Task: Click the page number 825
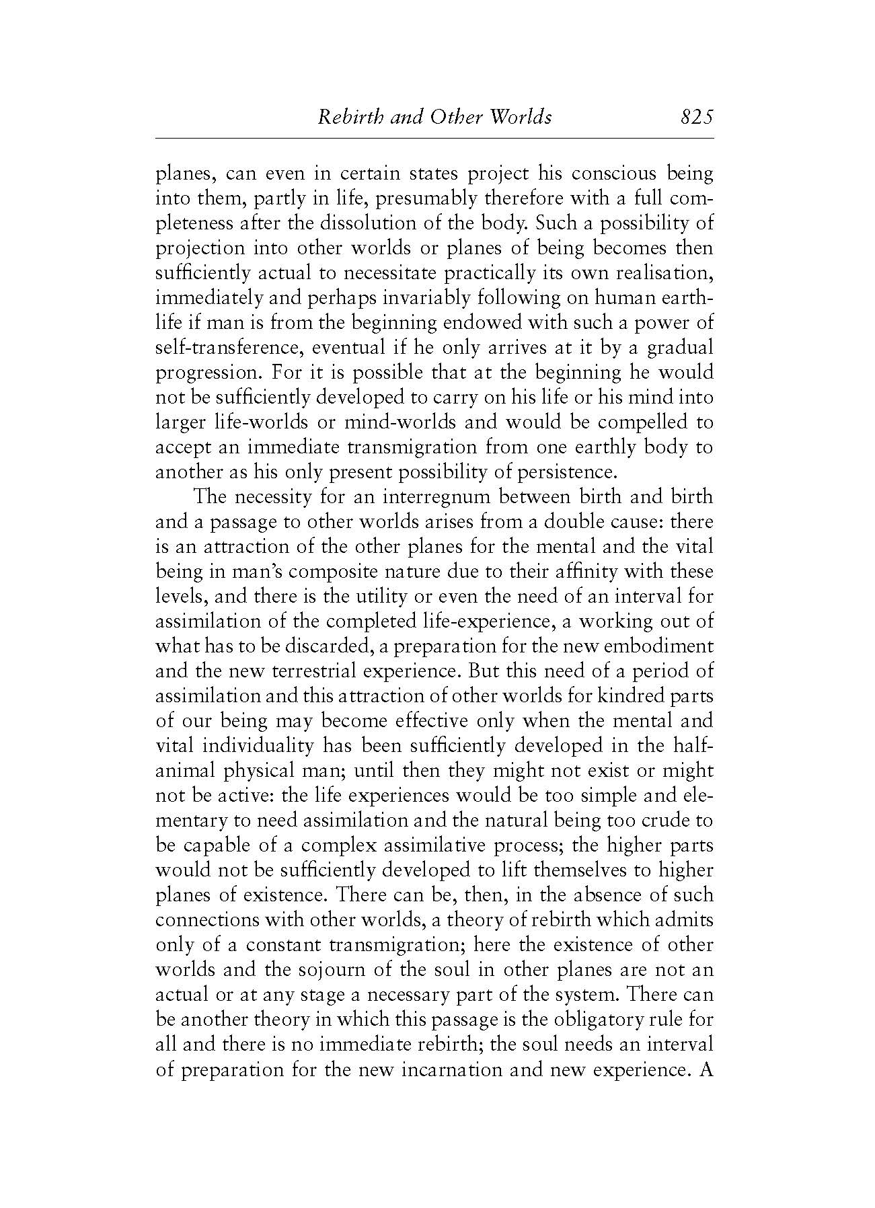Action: pyautogui.click(x=695, y=117)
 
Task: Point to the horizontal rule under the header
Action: pyautogui.click(x=434, y=138)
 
